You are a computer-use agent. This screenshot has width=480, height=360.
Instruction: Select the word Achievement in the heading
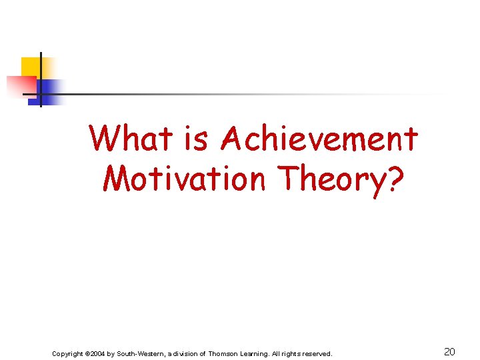pyautogui.click(x=319, y=139)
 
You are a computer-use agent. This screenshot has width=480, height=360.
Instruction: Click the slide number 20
pyautogui.click(x=449, y=352)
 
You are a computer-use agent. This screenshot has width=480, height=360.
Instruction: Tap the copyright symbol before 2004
pyautogui.click(x=89, y=353)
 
